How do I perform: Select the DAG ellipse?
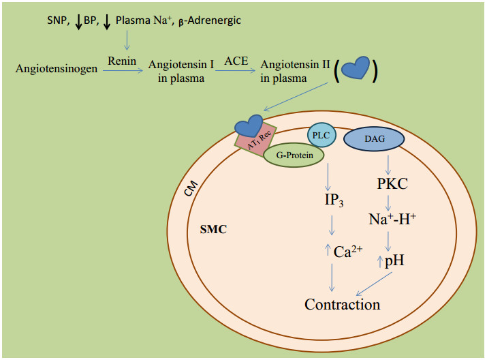click(374, 139)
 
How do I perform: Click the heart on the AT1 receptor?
click(248, 125)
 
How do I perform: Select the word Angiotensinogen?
click(56, 70)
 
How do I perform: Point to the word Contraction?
click(342, 304)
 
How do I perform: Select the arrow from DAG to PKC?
click(388, 163)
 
